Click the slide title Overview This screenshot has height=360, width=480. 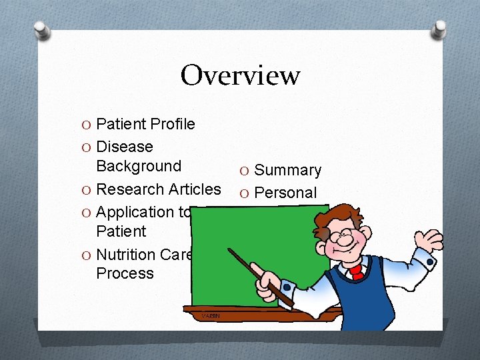click(x=240, y=75)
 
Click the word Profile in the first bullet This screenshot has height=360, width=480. click(x=173, y=124)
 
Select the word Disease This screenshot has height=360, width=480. click(x=125, y=147)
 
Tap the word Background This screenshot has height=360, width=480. click(x=139, y=166)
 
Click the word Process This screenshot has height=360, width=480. click(x=125, y=273)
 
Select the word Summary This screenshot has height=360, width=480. click(x=288, y=171)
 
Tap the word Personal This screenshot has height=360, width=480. click(x=286, y=193)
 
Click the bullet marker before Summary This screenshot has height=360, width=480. click(x=245, y=171)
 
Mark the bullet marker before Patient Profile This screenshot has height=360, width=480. click(x=87, y=124)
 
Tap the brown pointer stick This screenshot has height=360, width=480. click(x=260, y=273)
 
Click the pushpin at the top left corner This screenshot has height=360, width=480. click(x=42, y=29)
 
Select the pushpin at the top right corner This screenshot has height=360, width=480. click(x=439, y=28)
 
